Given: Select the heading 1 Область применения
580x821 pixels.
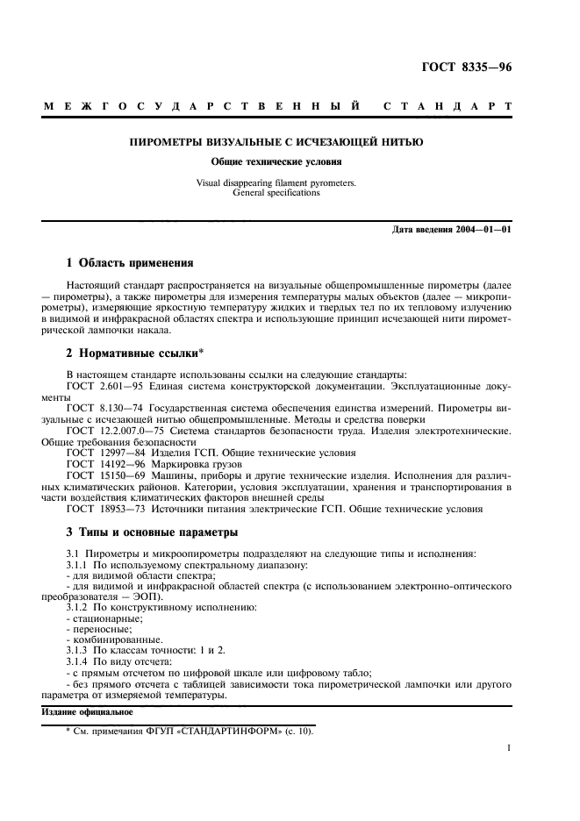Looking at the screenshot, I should tap(130, 262).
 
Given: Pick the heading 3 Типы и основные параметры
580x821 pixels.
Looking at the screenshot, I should tap(154, 532).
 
